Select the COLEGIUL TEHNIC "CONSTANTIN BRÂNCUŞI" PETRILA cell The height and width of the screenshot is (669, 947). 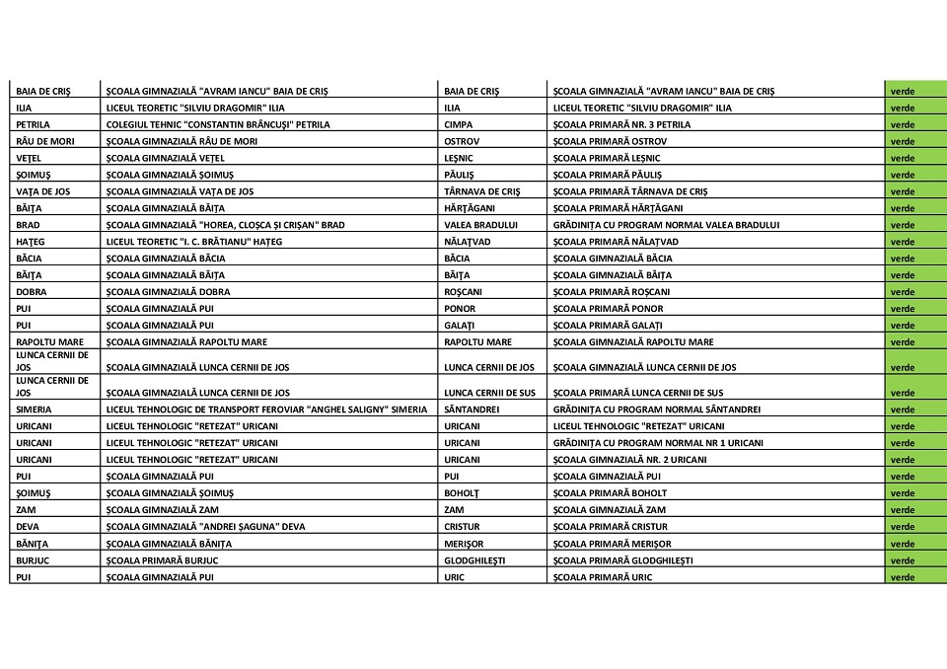point(218,124)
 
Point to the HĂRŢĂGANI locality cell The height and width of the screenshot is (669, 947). point(468,208)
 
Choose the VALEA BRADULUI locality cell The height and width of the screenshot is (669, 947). point(481,225)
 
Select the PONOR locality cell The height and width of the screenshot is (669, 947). point(460,309)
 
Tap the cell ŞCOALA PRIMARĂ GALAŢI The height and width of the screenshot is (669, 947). point(608,326)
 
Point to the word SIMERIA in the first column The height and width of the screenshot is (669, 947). point(34,409)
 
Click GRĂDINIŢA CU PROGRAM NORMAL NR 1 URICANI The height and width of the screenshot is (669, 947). point(658,443)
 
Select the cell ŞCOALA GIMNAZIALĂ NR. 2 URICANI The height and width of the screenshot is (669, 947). point(629,460)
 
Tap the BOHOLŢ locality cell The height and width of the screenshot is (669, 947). point(463,493)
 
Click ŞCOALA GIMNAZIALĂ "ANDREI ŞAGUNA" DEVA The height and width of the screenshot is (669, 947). point(205,527)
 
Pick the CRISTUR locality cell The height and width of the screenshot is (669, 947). point(463,527)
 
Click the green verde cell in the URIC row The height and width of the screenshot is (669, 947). point(903,577)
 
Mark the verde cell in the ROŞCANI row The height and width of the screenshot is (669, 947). point(903,292)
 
